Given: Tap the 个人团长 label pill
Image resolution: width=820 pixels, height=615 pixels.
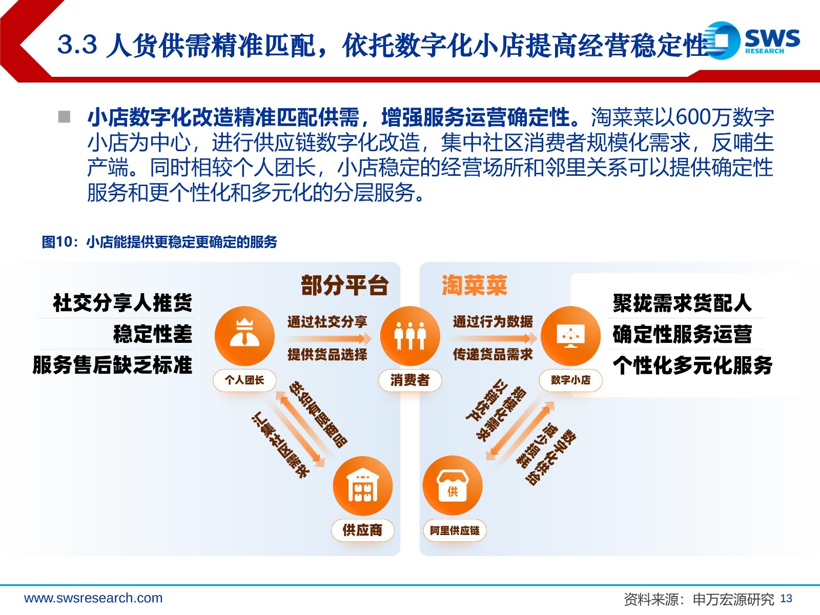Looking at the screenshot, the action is (x=244, y=380).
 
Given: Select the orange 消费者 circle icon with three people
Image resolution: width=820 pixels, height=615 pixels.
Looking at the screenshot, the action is (x=410, y=336).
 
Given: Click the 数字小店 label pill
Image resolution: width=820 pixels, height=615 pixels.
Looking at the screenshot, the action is (x=570, y=380).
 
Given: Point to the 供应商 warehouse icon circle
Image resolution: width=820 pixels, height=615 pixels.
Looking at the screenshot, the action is (x=362, y=485).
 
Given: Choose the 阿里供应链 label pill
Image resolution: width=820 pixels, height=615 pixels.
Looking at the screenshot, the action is (x=454, y=530).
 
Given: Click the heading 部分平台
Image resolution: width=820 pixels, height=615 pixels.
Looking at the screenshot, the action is (x=345, y=285).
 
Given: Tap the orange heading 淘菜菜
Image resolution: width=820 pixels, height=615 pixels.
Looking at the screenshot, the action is (x=474, y=285).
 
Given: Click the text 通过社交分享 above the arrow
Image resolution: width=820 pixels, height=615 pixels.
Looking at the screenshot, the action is (x=327, y=321).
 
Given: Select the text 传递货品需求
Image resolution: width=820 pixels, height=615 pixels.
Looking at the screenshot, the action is (x=493, y=354).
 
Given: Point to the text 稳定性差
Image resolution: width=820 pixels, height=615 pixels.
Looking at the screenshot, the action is (x=152, y=334).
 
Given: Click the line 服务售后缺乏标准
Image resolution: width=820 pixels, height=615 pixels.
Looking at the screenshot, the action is (x=112, y=364).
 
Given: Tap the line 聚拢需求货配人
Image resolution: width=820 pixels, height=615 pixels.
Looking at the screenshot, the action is (x=682, y=303).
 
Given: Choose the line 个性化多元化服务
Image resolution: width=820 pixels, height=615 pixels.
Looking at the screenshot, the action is (x=692, y=365).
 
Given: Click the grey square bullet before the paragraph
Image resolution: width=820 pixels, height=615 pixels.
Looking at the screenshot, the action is (x=64, y=117).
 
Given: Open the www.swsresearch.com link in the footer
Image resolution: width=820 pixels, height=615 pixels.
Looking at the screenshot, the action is (x=93, y=598).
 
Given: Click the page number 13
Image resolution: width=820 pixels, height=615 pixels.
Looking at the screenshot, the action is (x=786, y=598).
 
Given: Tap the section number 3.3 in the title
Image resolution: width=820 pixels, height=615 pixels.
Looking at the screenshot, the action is (x=77, y=44).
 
